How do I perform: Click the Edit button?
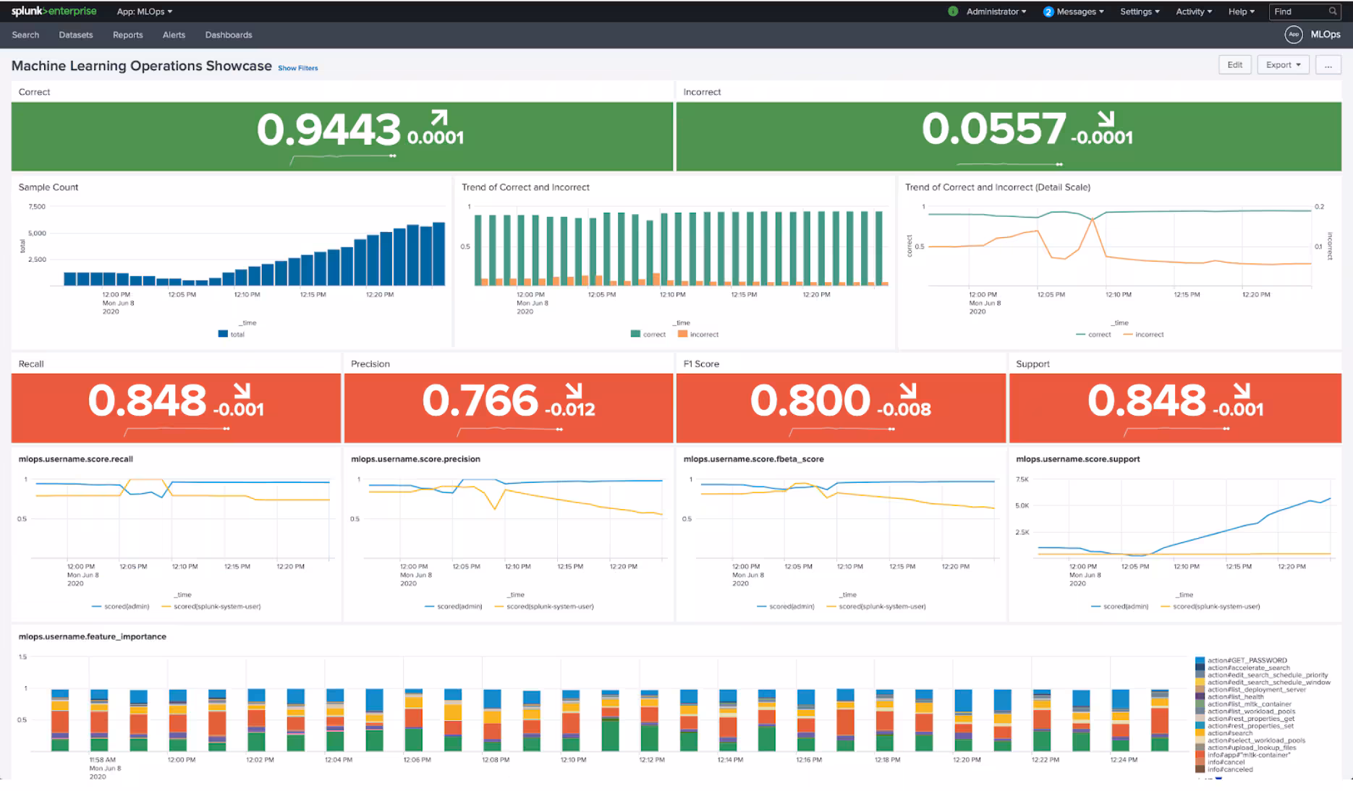pyautogui.click(x=1234, y=65)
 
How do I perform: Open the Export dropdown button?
pyautogui.click(x=1283, y=65)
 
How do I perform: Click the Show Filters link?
pyautogui.click(x=297, y=68)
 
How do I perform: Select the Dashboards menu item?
pyautogui.click(x=229, y=35)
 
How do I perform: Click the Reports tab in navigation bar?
pyautogui.click(x=127, y=35)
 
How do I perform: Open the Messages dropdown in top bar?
pyautogui.click(x=1075, y=12)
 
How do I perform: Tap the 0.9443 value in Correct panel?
pyautogui.click(x=328, y=130)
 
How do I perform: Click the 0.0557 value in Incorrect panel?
pyautogui.click(x=993, y=130)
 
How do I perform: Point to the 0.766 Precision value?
pyautogui.click(x=480, y=401)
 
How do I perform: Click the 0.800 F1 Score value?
pyautogui.click(x=810, y=401)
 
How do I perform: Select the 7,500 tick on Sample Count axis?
pyautogui.click(x=37, y=207)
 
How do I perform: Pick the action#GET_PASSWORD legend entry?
pyautogui.click(x=1246, y=660)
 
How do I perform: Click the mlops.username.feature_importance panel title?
pyautogui.click(x=93, y=637)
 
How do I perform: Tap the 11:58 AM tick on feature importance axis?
pyautogui.click(x=102, y=760)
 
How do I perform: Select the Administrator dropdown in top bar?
pyautogui.click(x=995, y=12)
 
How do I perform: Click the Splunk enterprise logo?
pyautogui.click(x=54, y=12)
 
